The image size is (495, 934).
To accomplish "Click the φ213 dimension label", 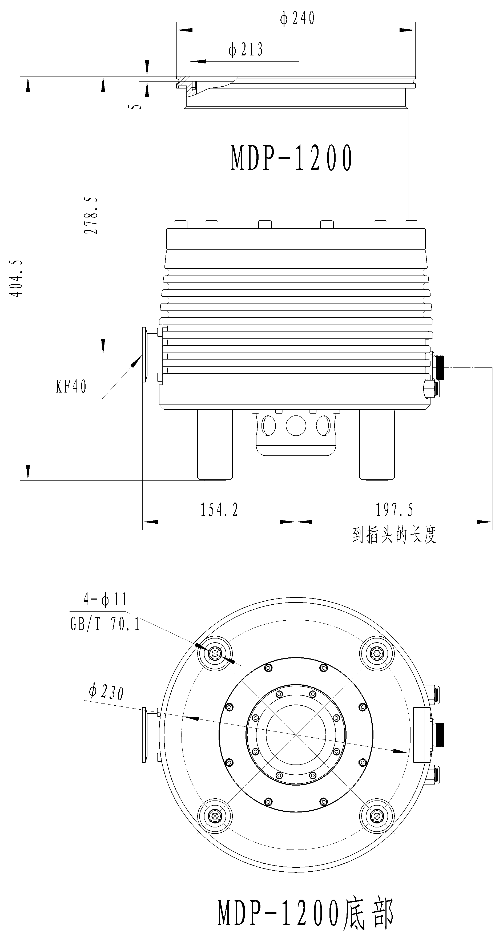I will click(x=246, y=50).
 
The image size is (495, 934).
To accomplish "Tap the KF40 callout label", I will click(x=71, y=387).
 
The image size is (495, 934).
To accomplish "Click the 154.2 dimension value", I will click(x=219, y=510).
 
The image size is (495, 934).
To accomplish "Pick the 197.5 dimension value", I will click(x=394, y=510).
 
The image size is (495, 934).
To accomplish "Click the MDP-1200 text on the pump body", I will click(x=292, y=158).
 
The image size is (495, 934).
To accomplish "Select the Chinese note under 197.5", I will click(x=394, y=535).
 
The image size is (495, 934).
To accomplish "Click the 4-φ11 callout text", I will click(x=105, y=599).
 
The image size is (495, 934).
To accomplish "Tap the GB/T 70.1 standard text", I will click(x=105, y=624).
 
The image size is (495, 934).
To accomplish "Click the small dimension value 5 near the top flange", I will click(x=136, y=107).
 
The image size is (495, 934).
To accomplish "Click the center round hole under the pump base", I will click(x=296, y=425).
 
